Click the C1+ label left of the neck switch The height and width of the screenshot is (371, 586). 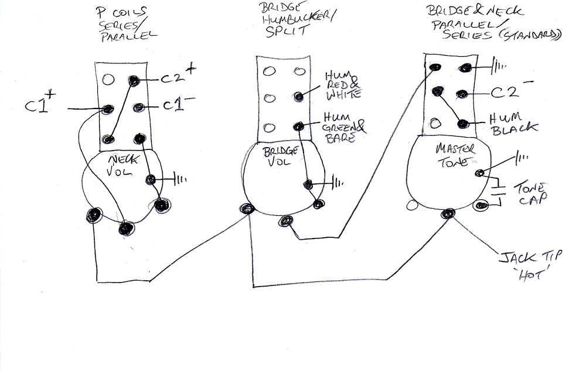(39, 107)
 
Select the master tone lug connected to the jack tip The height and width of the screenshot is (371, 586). (449, 213)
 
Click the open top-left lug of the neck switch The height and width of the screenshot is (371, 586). (107, 79)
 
